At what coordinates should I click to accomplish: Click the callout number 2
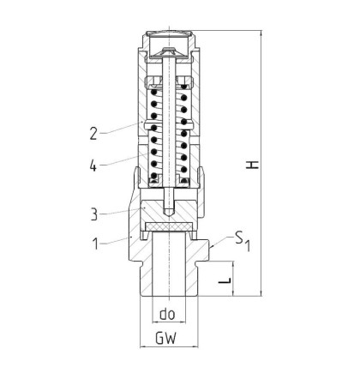[x=93, y=134]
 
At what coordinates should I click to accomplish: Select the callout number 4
[x=93, y=165]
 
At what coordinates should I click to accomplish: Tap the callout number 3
[x=93, y=214]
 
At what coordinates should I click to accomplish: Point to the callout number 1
[x=96, y=244]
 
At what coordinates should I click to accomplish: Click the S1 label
[x=243, y=241]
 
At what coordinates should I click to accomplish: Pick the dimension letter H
[x=253, y=165]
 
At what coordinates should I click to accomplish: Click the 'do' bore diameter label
[x=167, y=314]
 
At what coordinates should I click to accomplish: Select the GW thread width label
[x=166, y=338]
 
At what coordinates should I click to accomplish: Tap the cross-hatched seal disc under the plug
[x=169, y=226]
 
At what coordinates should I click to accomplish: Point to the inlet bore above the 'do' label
[x=169, y=264]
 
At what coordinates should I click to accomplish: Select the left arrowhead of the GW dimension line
[x=143, y=346]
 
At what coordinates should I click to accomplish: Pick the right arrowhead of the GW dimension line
[x=195, y=346]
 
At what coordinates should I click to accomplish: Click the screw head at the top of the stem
[x=169, y=53]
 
